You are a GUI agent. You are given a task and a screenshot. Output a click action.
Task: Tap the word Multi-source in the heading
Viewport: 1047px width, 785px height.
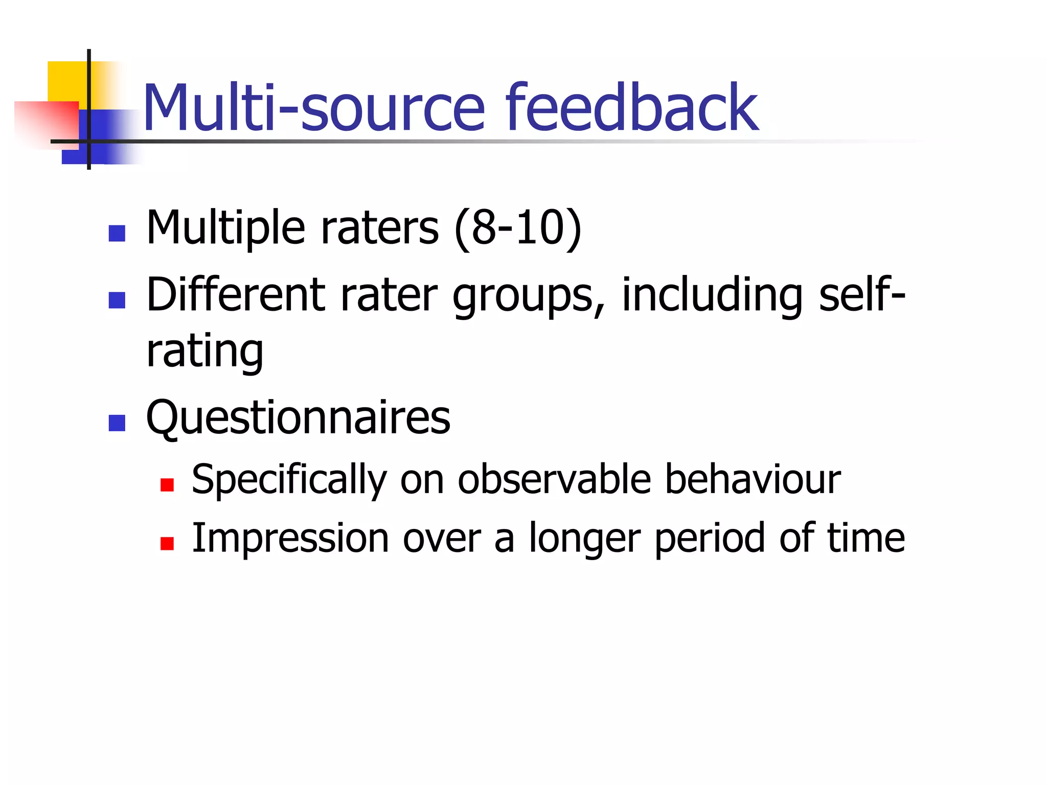(313, 108)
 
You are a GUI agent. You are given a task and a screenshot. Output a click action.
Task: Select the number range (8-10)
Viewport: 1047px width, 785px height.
(518, 228)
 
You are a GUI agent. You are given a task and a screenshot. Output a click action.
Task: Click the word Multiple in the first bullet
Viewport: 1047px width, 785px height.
(225, 228)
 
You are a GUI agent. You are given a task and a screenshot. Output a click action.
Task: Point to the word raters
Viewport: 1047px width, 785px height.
(379, 228)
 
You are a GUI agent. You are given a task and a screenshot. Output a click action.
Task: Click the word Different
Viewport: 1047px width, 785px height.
(236, 295)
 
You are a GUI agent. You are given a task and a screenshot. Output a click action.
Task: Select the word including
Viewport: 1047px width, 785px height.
(712, 296)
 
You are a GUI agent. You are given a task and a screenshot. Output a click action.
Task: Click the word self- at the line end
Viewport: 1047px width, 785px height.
(862, 295)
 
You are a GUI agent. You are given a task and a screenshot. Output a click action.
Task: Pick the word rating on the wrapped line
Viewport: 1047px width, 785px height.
(205, 352)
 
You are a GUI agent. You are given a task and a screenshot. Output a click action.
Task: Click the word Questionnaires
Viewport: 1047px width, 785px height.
(298, 418)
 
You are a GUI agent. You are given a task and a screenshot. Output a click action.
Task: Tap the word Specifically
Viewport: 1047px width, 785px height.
(289, 480)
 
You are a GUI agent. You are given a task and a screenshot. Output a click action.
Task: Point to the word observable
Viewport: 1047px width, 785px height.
(554, 480)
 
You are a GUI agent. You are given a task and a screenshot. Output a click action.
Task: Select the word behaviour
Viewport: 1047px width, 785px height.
(753, 480)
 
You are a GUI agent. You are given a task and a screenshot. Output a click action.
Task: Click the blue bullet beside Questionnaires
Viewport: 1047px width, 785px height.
(117, 423)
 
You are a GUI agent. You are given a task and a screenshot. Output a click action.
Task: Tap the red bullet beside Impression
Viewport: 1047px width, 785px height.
(167, 543)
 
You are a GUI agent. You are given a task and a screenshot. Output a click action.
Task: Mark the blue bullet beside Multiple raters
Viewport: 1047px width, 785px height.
(117, 234)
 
